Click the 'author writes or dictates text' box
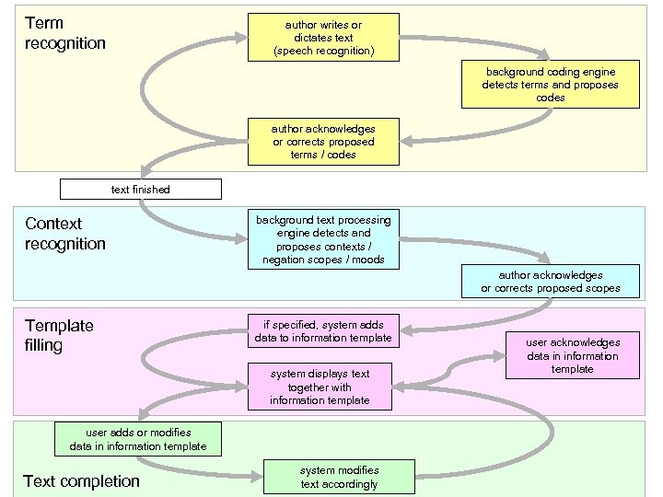tap(323, 38)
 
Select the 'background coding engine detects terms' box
tap(550, 84)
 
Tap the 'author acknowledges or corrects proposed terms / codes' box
tap(323, 142)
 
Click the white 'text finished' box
tap(140, 189)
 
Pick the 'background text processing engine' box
tap(323, 240)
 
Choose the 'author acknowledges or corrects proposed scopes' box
tap(550, 282)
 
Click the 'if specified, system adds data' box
tap(323, 331)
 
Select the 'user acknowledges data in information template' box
tap(573, 355)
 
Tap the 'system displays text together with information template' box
tap(320, 387)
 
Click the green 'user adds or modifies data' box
tap(137, 439)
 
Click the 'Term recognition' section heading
tap(64, 33)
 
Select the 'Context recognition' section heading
tap(65, 234)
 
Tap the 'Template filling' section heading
tap(59, 335)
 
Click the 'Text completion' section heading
tap(81, 481)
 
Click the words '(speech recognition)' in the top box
tap(323, 52)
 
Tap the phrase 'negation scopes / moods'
tap(323, 260)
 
